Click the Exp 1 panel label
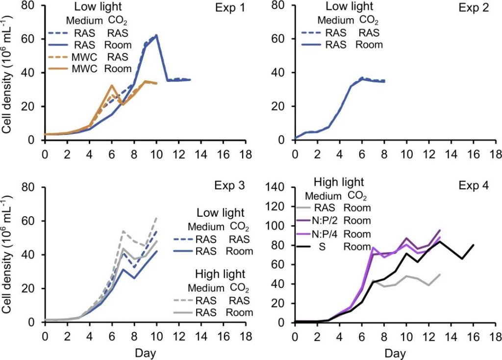click(x=229, y=9)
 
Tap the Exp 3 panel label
click(x=229, y=187)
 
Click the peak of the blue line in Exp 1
click(x=156, y=35)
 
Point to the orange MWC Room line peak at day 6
click(x=112, y=85)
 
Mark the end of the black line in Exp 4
click(x=473, y=245)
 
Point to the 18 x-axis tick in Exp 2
click(x=495, y=151)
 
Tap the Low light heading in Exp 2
click(x=347, y=7)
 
